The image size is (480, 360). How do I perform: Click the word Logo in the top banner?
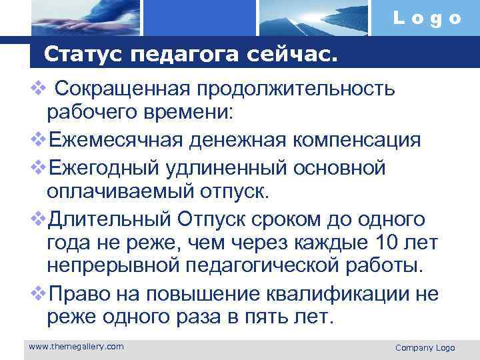pos(427,18)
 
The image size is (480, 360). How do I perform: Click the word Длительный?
pos(109,219)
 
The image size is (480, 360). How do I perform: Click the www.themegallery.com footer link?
pos(77,346)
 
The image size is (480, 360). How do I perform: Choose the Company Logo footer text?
pos(425,348)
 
